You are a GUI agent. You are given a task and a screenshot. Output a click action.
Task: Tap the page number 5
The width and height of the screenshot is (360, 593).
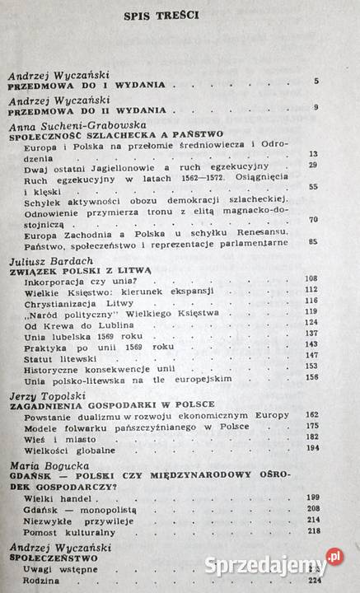[316, 81]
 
